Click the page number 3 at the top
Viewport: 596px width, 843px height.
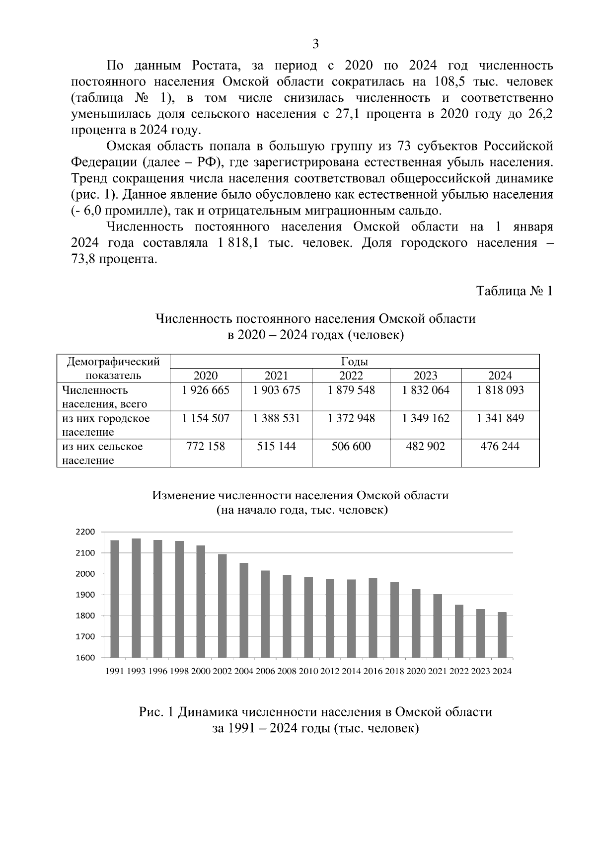coord(315,44)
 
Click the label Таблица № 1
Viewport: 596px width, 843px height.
coord(514,291)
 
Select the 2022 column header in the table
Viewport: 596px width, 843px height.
coord(351,376)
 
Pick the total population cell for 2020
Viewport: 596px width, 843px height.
coord(206,390)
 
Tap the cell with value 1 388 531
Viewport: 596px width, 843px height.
coord(276,418)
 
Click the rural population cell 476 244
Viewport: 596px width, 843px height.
coord(500,447)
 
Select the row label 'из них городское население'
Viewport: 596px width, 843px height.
coord(106,425)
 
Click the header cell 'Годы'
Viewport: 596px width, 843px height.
coord(354,362)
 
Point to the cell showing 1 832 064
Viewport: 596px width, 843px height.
coord(425,390)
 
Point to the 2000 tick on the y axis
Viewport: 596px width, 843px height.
coord(85,574)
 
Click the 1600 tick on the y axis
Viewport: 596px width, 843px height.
coord(85,658)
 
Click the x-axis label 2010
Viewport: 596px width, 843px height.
coord(308,671)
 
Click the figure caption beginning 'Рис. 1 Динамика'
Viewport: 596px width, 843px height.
coord(315,712)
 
